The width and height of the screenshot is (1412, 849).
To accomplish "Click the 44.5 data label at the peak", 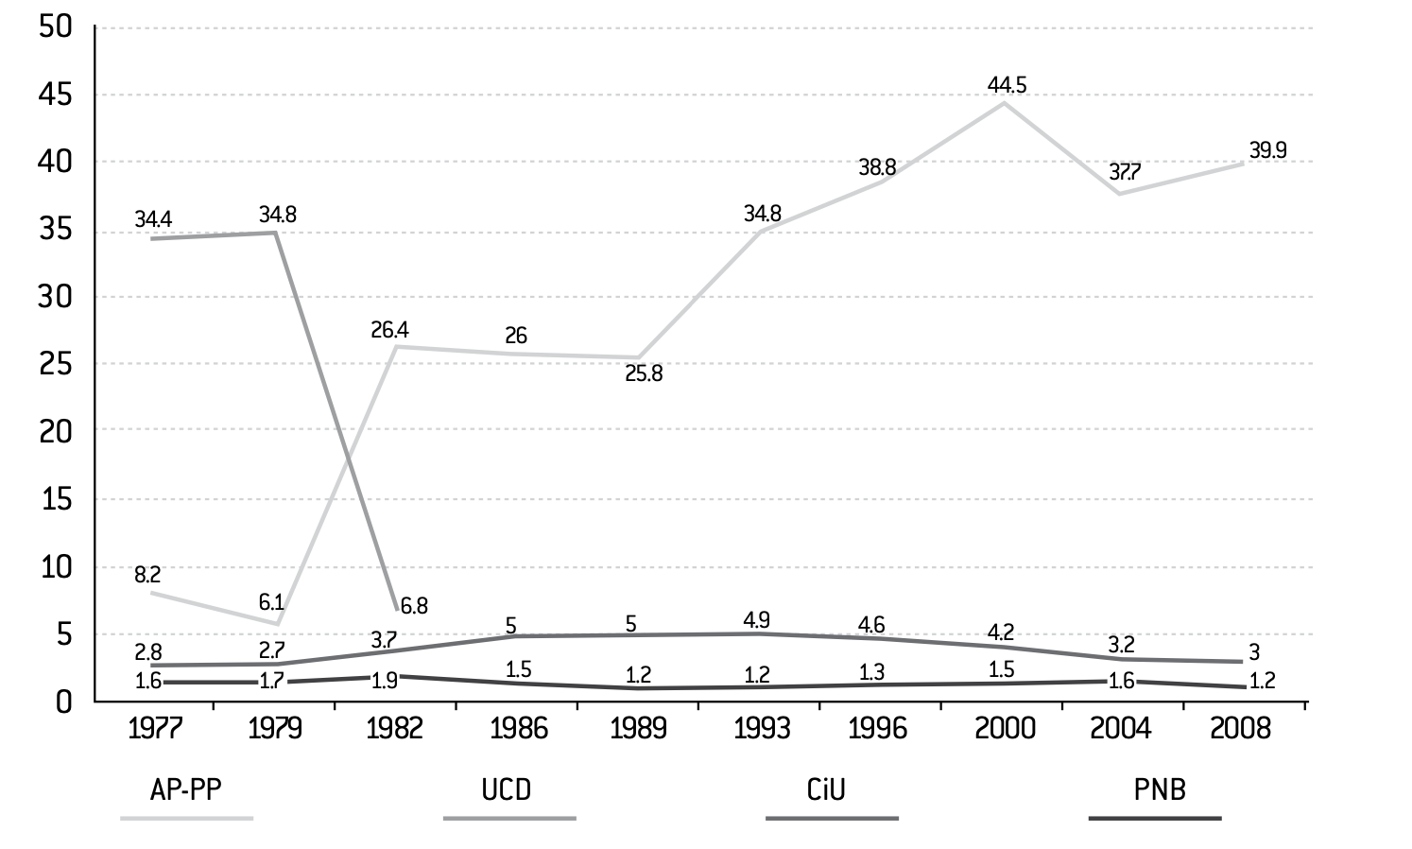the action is click(x=1007, y=84).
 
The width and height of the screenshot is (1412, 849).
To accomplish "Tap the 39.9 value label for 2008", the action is click(x=1267, y=150).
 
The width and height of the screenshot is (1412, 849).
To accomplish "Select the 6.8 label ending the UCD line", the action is click(x=414, y=606).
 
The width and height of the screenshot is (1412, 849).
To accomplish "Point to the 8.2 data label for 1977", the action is click(x=147, y=575).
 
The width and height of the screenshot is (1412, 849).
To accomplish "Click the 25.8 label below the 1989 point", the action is click(x=644, y=374).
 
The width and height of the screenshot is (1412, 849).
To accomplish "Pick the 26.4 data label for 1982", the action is click(x=389, y=330).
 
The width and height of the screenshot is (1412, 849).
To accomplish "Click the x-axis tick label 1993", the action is click(x=762, y=729).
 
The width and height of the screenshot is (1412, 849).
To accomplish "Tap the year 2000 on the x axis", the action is click(x=1005, y=729).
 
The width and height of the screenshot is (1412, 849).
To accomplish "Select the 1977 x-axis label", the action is click(x=155, y=729).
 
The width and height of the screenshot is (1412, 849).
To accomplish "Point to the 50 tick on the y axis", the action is click(x=56, y=26).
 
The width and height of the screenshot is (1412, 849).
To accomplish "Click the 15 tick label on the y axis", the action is click(x=57, y=499).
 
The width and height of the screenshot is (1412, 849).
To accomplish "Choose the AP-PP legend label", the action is click(x=186, y=789).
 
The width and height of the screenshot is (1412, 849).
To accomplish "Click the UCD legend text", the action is click(x=507, y=789).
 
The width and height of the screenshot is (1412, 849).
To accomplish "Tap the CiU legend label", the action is click(x=826, y=789).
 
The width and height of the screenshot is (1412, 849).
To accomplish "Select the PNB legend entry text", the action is click(x=1160, y=789).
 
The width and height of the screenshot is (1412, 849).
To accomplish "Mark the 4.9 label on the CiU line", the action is click(x=756, y=620).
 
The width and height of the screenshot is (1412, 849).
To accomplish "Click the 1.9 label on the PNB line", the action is click(x=384, y=682).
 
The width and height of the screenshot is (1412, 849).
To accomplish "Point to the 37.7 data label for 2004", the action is click(x=1125, y=171).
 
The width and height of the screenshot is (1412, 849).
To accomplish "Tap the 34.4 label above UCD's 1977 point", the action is click(x=153, y=219).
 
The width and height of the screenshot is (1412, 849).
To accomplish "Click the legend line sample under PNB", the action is click(x=1155, y=818).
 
